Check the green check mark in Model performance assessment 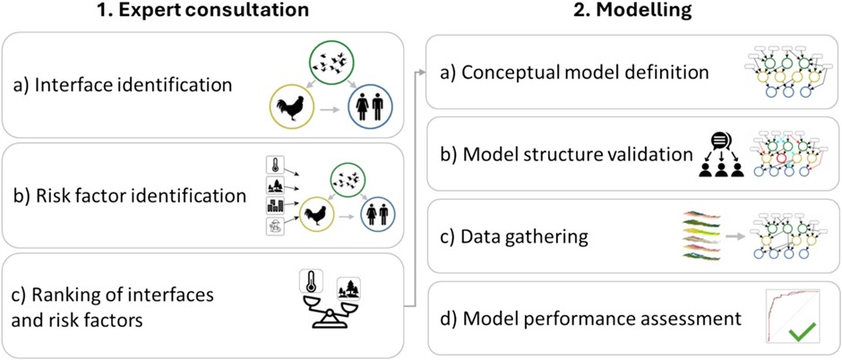click(803, 335)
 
